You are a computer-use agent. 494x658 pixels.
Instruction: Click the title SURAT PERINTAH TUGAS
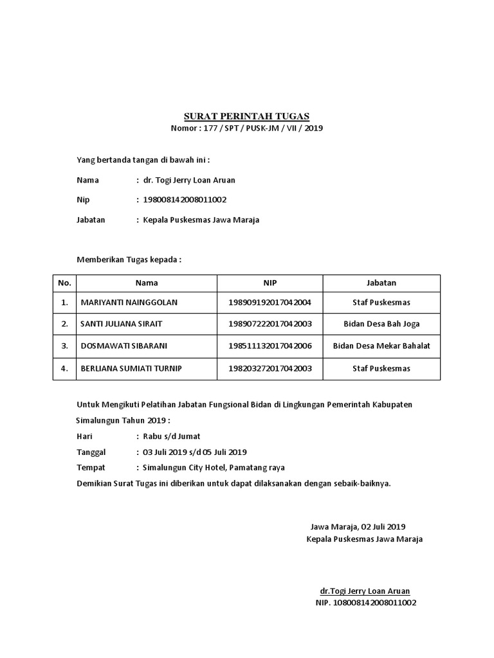tap(247, 116)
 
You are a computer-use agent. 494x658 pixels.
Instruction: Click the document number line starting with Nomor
tap(247, 128)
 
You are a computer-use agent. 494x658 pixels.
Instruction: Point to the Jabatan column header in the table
tap(381, 283)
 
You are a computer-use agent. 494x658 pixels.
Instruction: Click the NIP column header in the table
tap(270, 283)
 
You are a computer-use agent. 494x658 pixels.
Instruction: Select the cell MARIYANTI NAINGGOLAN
tap(129, 302)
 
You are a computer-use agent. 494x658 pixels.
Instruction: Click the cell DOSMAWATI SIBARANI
tap(124, 346)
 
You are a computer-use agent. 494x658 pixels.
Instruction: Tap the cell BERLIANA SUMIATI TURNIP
tap(136, 368)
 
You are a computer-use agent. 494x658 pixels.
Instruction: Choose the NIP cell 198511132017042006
tap(270, 346)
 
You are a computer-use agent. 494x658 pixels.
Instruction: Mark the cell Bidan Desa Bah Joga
tap(381, 324)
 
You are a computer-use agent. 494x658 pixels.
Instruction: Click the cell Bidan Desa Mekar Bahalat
tap(381, 346)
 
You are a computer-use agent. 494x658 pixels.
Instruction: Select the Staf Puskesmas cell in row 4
tap(381, 368)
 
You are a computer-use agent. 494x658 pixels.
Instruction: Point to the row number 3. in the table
tap(64, 346)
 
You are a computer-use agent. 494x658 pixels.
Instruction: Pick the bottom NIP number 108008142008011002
tap(366, 603)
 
